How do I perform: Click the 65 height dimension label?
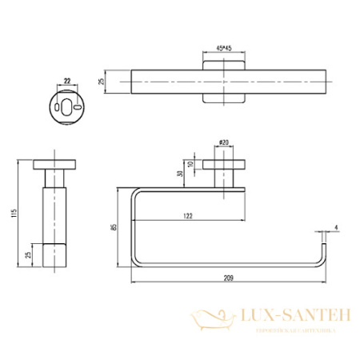[114, 229]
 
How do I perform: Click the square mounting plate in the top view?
[223, 82]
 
